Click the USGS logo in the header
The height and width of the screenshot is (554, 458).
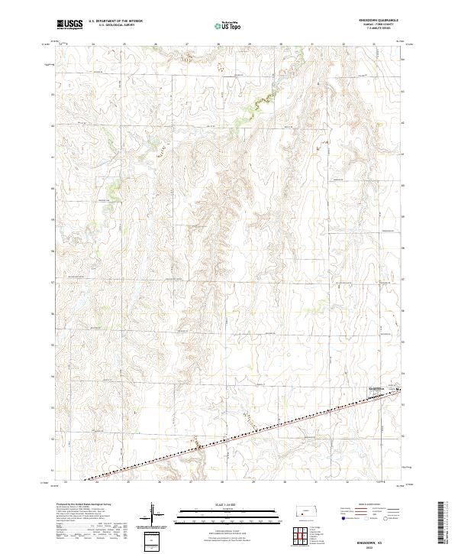(x=70, y=24)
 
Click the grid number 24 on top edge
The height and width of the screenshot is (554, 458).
(x=94, y=45)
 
